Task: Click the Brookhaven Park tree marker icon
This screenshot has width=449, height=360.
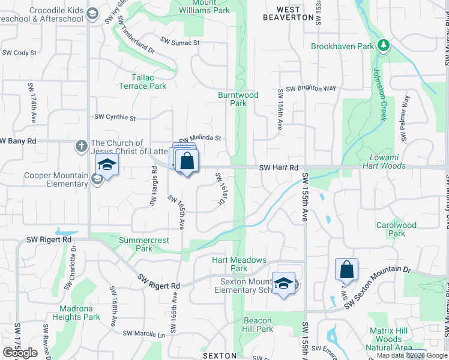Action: tap(382, 46)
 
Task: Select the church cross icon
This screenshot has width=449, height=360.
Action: tap(82, 146)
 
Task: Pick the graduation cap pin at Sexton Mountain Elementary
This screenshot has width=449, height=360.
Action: tap(284, 283)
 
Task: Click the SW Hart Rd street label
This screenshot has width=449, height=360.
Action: tap(279, 167)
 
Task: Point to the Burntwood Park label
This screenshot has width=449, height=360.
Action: tap(238, 99)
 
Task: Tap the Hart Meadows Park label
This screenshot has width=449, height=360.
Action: tap(239, 264)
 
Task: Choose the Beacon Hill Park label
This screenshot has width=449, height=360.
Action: tap(258, 325)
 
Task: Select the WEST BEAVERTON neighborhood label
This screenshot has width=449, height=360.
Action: tap(289, 13)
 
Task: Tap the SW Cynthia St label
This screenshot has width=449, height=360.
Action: tap(116, 118)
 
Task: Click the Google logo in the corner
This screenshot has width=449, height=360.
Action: tap(20, 353)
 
